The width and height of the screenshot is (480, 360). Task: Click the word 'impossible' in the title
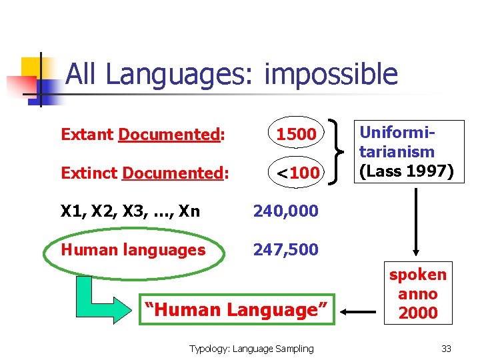tap(331, 75)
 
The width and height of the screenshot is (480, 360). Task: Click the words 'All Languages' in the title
tap(157, 75)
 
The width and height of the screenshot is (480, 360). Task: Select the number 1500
tap(297, 135)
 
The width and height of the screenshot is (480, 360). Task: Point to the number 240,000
tap(285, 211)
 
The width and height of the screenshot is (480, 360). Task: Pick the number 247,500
tap(285, 250)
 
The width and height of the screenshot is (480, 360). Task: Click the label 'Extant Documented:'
tap(142, 135)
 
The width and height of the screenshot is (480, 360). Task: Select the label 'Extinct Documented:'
tap(145, 173)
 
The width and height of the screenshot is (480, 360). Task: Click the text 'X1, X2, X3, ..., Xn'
tap(130, 211)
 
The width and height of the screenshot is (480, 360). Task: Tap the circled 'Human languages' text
tap(133, 250)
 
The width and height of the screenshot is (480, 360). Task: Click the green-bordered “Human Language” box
tap(237, 310)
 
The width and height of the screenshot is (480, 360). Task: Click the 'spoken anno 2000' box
tap(418, 294)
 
